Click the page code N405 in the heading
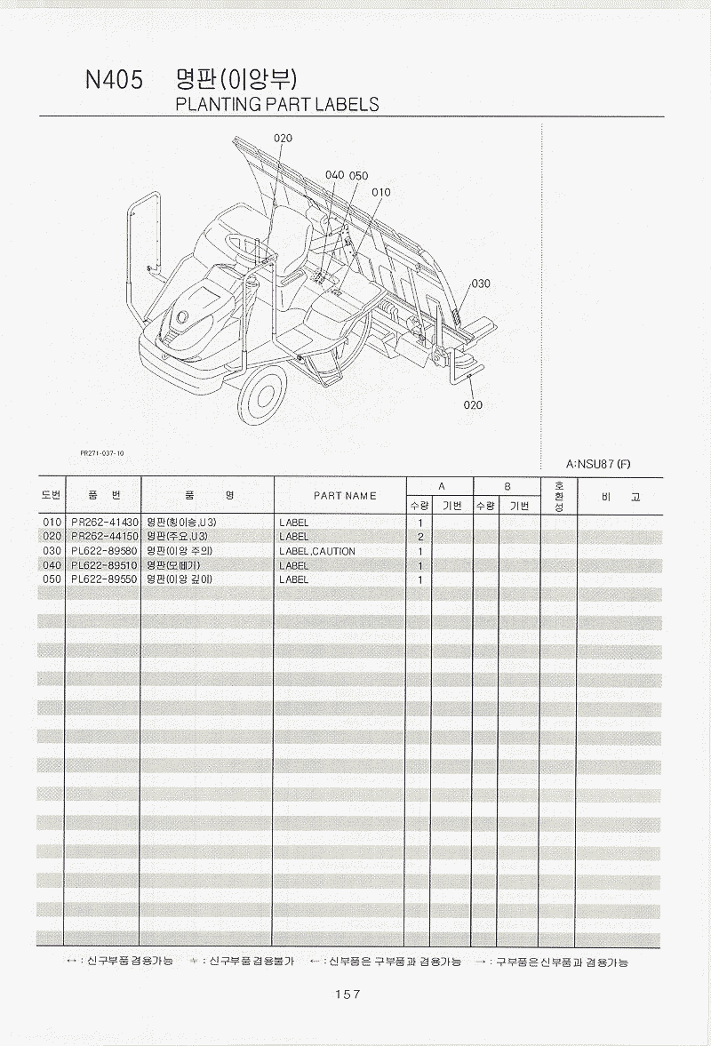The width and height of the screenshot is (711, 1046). [x=114, y=81]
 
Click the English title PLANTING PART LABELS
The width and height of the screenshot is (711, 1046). [x=277, y=104]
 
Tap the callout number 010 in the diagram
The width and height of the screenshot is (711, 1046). [x=380, y=192]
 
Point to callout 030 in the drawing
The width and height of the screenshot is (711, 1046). [x=481, y=283]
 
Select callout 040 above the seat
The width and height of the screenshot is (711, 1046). [x=334, y=175]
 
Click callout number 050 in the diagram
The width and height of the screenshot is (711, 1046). [x=358, y=176]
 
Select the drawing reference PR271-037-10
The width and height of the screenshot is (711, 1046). [x=102, y=452]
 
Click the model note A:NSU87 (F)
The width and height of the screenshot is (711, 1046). [x=598, y=464]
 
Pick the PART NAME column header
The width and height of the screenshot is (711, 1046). [x=345, y=496]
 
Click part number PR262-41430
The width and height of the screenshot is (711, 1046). [x=104, y=523]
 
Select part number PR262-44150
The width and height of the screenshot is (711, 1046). [x=104, y=537]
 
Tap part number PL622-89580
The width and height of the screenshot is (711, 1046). [x=104, y=551]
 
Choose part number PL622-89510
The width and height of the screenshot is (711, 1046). [x=104, y=565]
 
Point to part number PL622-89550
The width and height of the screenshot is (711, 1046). [x=104, y=579]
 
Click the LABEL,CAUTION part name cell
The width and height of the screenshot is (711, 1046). [x=316, y=551]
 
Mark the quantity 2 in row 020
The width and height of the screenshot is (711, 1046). [x=419, y=537]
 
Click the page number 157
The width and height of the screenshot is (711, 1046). [x=348, y=994]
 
